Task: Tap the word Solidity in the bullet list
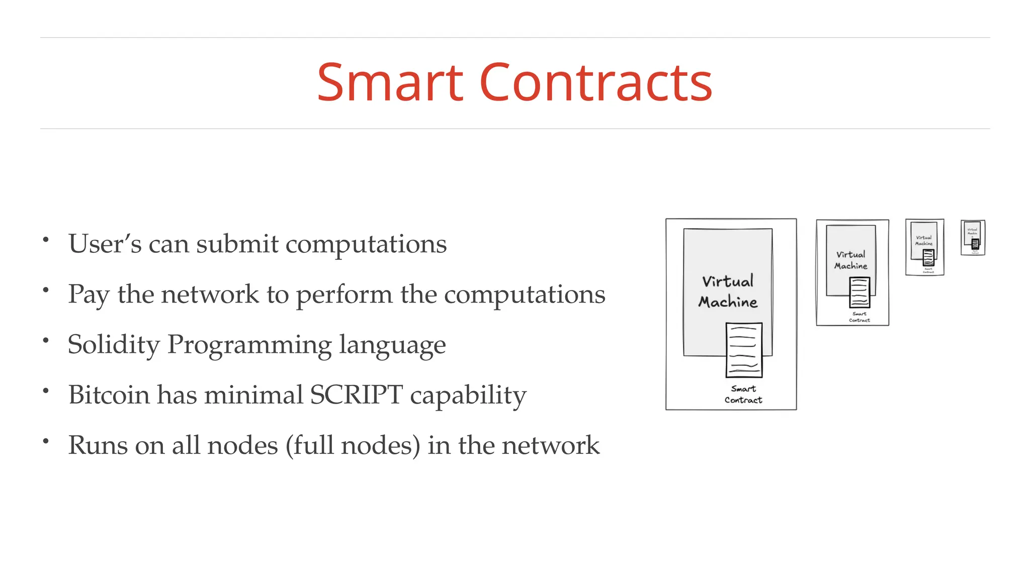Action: point(114,345)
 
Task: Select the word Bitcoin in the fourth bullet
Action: point(109,395)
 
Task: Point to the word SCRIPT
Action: point(356,395)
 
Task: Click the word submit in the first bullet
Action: point(237,244)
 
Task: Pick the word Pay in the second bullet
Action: point(89,295)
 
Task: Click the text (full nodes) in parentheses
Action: point(353,446)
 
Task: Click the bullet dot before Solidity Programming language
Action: point(46,341)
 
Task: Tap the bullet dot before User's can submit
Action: point(46,240)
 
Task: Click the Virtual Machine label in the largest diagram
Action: point(728,292)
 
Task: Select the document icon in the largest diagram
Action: point(744,350)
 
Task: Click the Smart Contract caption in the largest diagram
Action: point(743,395)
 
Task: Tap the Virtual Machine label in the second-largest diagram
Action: point(851,260)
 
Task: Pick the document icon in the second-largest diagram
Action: point(859,292)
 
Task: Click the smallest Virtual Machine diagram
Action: point(973,238)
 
